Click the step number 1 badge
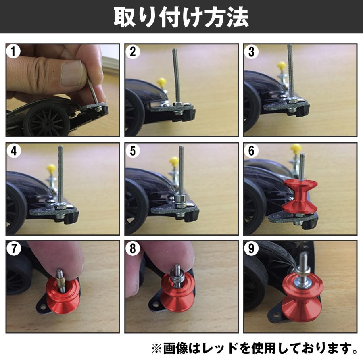[x=14, y=52]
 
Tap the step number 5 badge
[x=133, y=150]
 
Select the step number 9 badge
[x=252, y=248]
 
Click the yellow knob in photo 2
[x=162, y=82]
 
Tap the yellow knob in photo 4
[x=51, y=167]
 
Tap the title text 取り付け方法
[x=181, y=17]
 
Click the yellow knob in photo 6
[x=296, y=149]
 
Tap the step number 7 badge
[x=14, y=248]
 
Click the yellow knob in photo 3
[x=282, y=65]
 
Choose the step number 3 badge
[x=252, y=52]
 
